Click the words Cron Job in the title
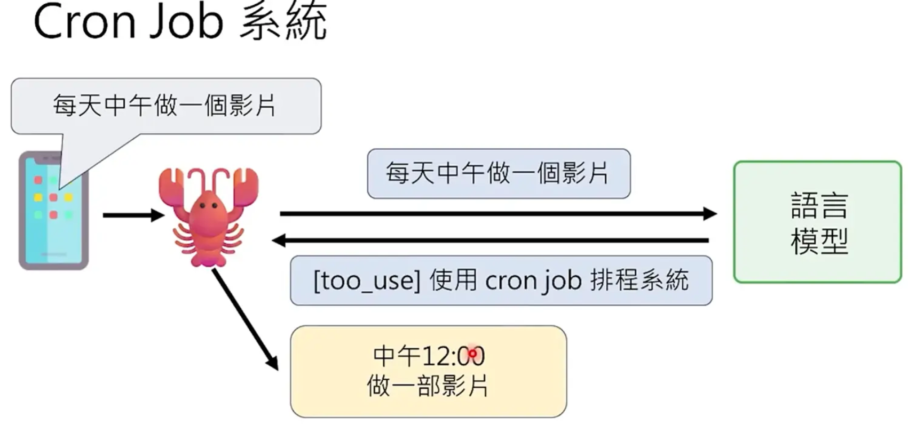(128, 22)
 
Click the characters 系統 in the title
(283, 22)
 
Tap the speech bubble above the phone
(165, 105)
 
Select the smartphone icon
(53, 211)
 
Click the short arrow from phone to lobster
(133, 215)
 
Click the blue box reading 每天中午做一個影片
(498, 174)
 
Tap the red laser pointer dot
(472, 353)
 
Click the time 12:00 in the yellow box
(454, 356)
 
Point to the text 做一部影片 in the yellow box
(428, 386)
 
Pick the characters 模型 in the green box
(819, 241)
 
